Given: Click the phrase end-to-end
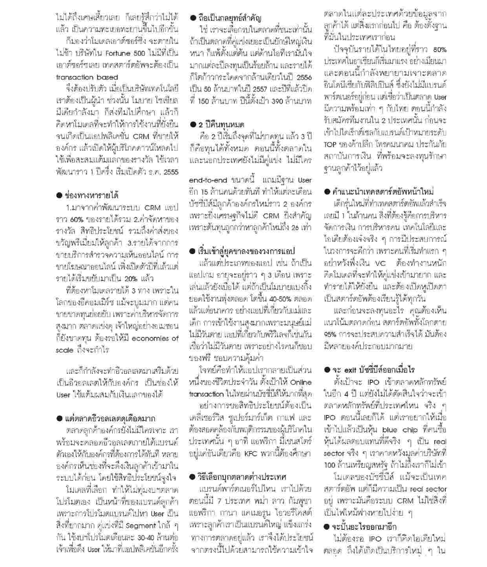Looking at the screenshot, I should click(208, 180).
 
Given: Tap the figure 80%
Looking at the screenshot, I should click(439, 50).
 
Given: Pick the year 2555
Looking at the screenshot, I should click(170, 172).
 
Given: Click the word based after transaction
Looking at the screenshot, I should click(106, 77).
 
